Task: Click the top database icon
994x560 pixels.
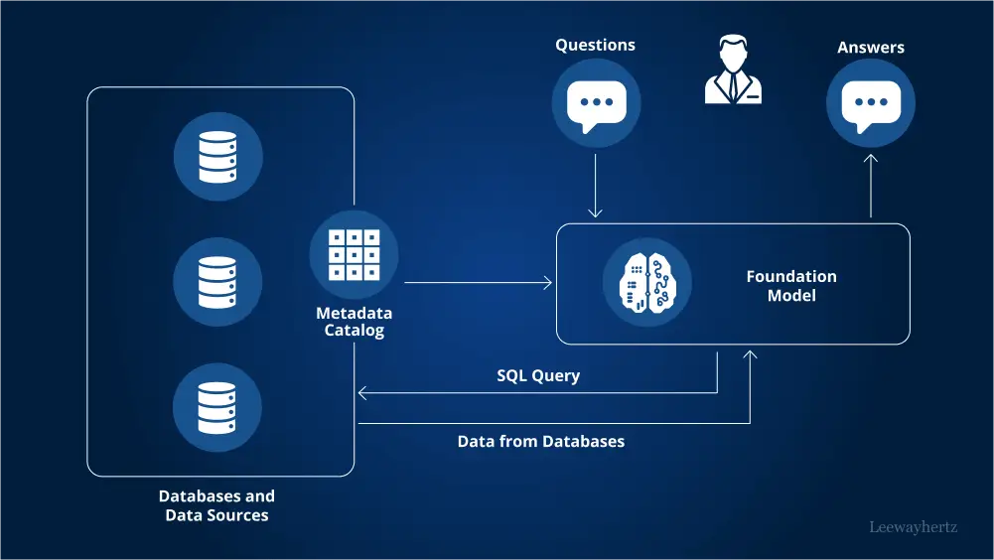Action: (x=218, y=157)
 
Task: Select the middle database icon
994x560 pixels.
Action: (x=218, y=282)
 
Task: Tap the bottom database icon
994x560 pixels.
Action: (x=218, y=407)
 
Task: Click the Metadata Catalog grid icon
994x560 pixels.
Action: (x=355, y=255)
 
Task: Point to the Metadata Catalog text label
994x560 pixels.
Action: (x=355, y=322)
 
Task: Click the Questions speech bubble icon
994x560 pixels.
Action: (x=596, y=103)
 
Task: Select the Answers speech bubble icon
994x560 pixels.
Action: (x=871, y=103)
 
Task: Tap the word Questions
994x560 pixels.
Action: (x=596, y=45)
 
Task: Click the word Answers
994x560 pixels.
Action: (x=871, y=47)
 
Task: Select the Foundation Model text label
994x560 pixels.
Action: (x=791, y=286)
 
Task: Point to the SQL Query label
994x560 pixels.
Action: (x=538, y=376)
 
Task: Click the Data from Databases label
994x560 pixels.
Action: (x=541, y=441)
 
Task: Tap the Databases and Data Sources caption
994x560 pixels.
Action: (x=217, y=505)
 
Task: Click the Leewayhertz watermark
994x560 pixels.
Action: (x=913, y=527)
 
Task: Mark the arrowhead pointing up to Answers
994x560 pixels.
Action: (x=871, y=159)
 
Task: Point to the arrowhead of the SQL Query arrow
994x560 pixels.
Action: (x=362, y=393)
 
